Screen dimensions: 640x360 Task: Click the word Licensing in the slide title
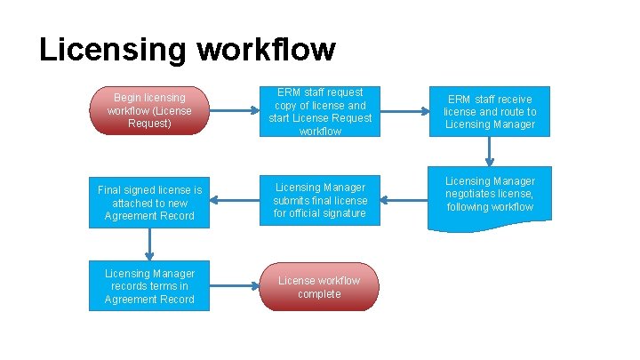pyautogui.click(x=113, y=50)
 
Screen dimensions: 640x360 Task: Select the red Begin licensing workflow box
pyautogui.click(x=149, y=110)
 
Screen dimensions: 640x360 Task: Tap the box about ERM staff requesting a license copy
pyautogui.click(x=320, y=111)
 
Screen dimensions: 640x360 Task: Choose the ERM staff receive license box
pyautogui.click(x=491, y=111)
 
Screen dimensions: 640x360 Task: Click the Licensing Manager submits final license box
pyautogui.click(x=320, y=200)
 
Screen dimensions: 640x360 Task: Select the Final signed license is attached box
pyautogui.click(x=149, y=203)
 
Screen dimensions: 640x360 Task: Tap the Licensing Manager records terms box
pyautogui.click(x=149, y=286)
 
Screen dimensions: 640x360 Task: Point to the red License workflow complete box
pyautogui.click(x=319, y=287)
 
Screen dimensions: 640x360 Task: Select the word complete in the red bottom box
pyautogui.click(x=319, y=294)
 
